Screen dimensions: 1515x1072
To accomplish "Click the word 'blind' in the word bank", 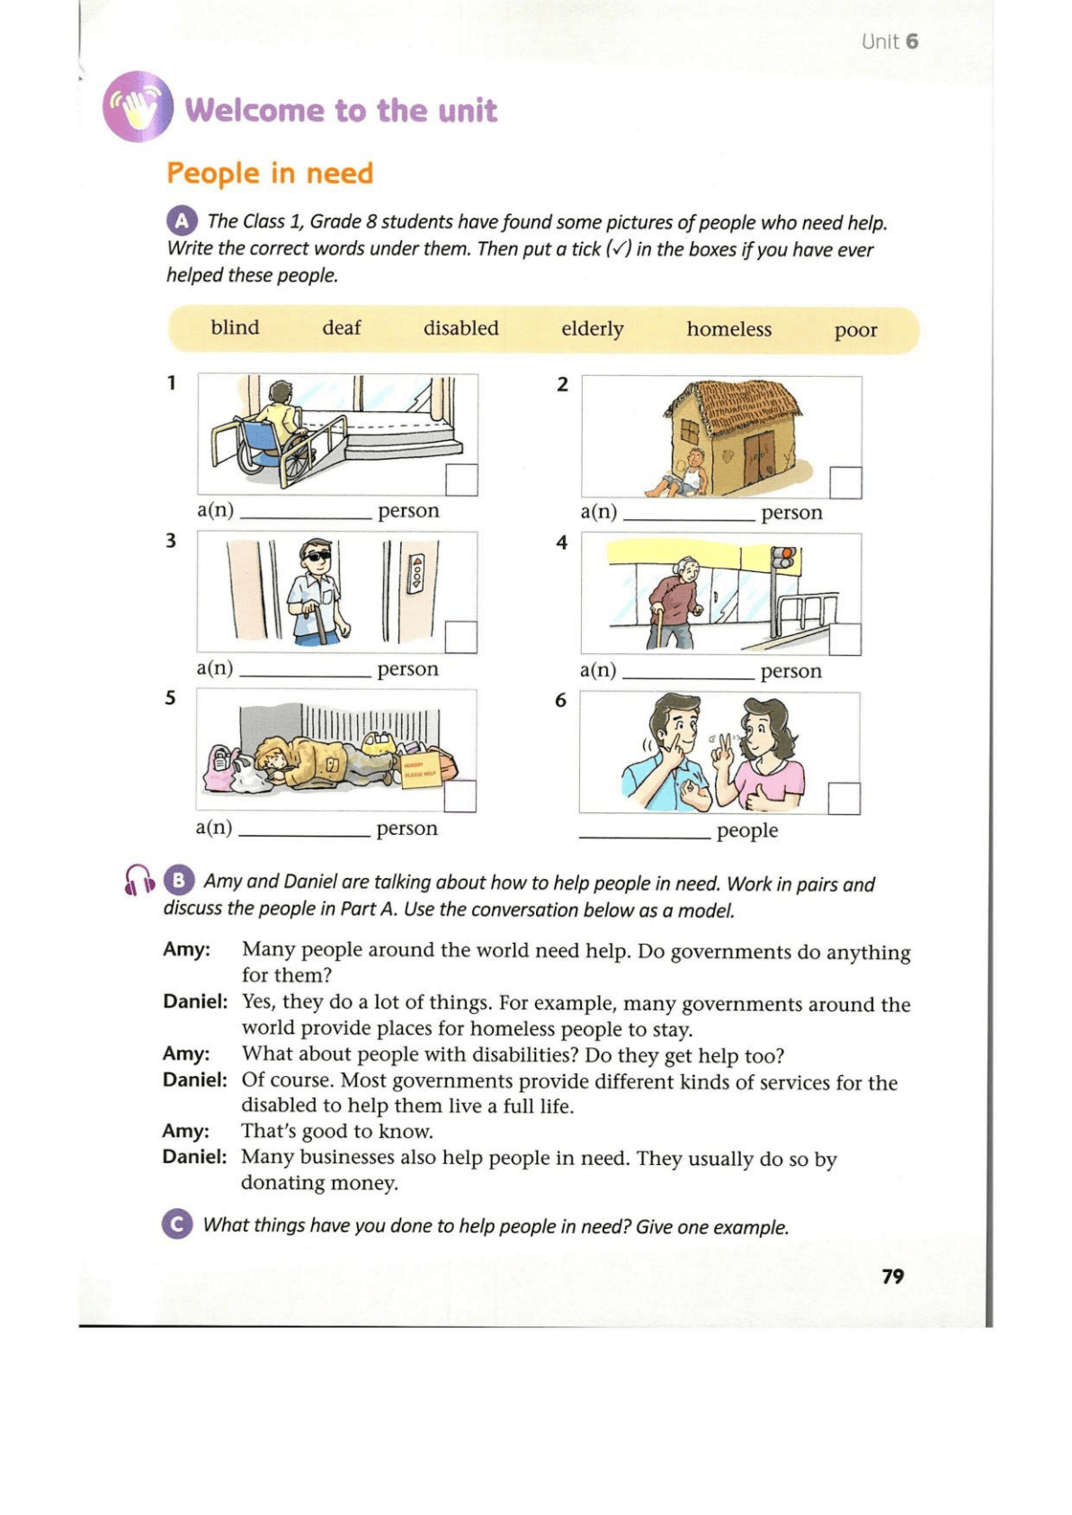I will [235, 327].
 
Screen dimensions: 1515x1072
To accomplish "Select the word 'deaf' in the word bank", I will [341, 328].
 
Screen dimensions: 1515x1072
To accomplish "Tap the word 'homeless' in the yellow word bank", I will [728, 329].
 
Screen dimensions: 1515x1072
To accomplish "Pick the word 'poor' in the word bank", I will [855, 330].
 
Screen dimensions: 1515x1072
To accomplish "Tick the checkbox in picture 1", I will [461, 480].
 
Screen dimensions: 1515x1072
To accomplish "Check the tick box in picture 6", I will [844, 798].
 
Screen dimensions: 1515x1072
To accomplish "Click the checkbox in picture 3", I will [460, 637].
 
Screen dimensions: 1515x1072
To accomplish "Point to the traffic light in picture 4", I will [785, 558].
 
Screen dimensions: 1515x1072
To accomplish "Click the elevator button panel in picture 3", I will [415, 573].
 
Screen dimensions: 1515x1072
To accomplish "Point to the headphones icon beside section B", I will [138, 879].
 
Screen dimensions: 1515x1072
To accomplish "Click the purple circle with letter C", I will [177, 1224].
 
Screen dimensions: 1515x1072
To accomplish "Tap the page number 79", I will [892, 1276].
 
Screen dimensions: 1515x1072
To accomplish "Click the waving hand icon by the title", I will [138, 107].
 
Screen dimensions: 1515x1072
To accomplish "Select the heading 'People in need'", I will [270, 173].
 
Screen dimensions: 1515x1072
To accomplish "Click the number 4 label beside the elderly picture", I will [562, 542].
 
